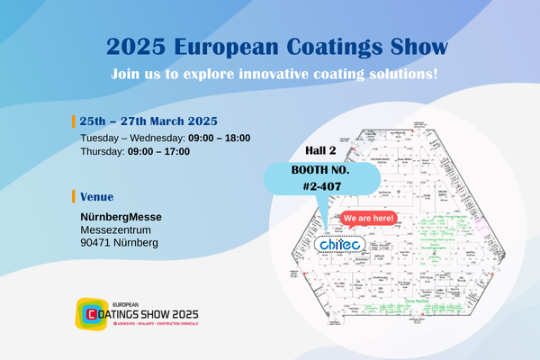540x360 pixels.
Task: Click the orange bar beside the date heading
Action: [x=73, y=121]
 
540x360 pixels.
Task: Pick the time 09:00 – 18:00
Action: [x=219, y=138]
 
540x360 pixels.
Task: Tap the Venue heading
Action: [x=96, y=196]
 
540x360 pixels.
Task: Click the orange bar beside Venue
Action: [x=73, y=196]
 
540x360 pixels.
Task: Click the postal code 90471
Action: [x=95, y=243]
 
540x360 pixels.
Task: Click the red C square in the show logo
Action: [x=90, y=313]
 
